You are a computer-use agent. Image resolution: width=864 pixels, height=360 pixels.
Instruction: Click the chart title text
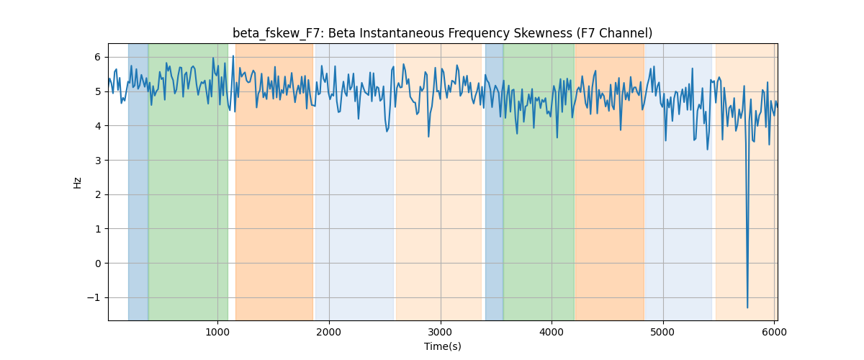pos(442,33)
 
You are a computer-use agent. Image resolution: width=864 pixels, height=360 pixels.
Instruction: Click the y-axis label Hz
pos(77,182)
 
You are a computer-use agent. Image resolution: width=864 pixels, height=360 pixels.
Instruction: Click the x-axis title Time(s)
pos(442,346)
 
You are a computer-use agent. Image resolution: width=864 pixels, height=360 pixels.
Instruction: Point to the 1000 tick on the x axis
pos(217,332)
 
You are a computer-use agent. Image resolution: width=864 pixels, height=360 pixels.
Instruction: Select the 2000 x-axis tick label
pos(328,332)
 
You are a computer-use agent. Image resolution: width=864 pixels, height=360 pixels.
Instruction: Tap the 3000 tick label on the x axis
pos(441,332)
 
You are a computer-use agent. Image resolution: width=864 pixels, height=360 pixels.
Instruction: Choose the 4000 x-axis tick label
pos(552,332)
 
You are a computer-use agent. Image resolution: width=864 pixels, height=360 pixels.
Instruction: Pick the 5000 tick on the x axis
pos(663,332)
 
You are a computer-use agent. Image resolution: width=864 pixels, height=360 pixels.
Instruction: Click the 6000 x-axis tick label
pos(774,332)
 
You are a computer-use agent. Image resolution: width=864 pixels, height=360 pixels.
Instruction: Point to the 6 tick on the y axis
pos(97,57)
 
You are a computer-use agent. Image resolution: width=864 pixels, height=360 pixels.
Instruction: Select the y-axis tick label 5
pos(97,91)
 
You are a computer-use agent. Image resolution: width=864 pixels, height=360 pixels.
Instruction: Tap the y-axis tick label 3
pos(97,160)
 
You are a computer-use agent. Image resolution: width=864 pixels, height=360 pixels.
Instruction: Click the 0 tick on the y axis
pos(97,263)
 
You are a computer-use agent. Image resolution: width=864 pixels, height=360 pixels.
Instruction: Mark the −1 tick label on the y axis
pos(94,297)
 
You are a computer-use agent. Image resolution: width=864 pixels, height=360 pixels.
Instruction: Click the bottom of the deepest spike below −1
pos(747,307)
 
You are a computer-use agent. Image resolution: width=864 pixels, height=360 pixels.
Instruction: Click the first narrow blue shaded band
pos(138,181)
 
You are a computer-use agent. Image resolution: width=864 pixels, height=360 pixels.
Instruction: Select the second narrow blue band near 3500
pos(494,181)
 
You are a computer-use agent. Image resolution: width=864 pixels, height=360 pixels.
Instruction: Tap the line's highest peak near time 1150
pos(233,56)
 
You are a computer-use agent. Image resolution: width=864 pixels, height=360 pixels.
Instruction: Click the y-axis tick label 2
pos(97,194)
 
